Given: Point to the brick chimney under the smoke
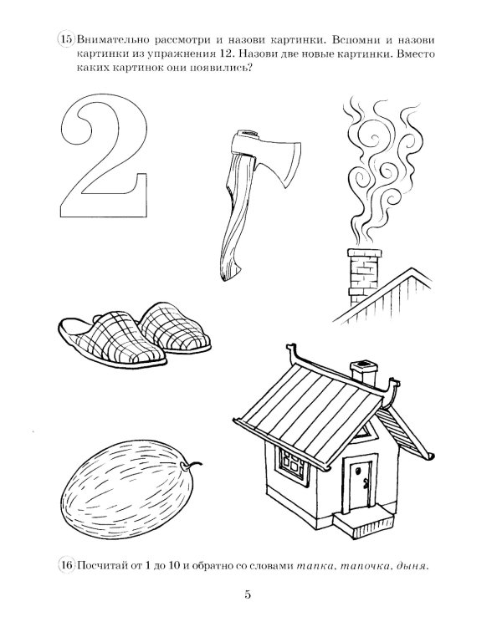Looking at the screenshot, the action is (363, 276).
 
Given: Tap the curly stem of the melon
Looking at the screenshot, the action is (192, 465).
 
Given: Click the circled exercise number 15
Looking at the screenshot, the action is (66, 39).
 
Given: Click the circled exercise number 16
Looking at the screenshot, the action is (66, 565).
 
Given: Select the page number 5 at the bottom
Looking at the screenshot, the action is (248, 594).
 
